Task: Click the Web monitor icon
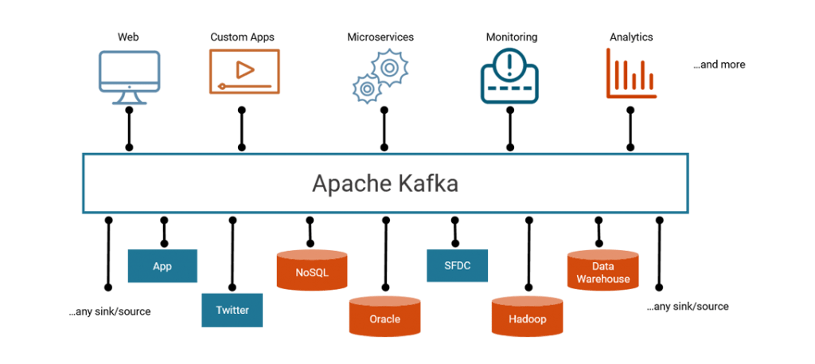point(130,78)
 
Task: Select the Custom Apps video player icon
point(244,72)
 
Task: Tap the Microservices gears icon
point(380,76)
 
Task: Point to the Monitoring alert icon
point(509,76)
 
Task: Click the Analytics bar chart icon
point(631,73)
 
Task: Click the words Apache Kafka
point(385,184)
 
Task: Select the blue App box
point(162,266)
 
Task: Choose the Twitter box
point(232,311)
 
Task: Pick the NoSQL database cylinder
point(312,270)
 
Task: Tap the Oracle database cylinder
point(384,315)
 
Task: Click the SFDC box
point(458,266)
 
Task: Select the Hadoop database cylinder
point(527,315)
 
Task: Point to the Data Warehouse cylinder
point(603,270)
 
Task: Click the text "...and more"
point(719,65)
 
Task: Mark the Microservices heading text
point(380,37)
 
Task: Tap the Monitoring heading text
point(512,37)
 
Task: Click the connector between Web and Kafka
point(130,129)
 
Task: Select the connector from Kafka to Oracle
point(386,253)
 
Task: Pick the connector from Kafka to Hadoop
point(529,253)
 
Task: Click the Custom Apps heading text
point(242,37)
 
